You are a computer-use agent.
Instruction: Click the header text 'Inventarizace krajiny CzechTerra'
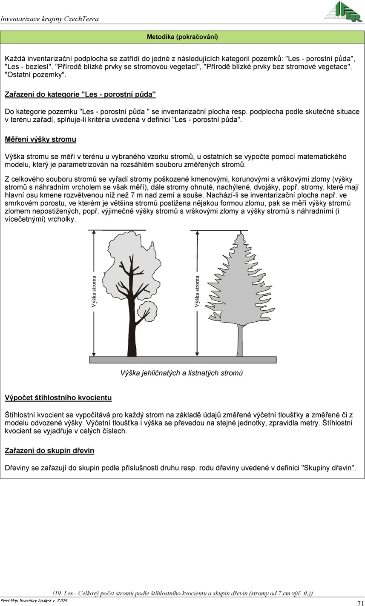pyautogui.click(x=50, y=19)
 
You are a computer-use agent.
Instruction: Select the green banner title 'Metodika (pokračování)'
pyautogui.click(x=182, y=37)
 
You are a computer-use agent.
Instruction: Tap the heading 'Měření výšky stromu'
pyautogui.click(x=40, y=139)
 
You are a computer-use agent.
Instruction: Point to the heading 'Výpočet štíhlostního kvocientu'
pyautogui.click(x=58, y=398)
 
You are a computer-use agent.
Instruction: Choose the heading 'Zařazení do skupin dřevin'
pyautogui.click(x=49, y=450)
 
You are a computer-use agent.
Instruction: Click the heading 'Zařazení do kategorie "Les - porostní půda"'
pyautogui.click(x=80, y=94)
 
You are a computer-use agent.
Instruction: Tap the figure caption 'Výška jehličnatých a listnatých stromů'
pyautogui.click(x=182, y=373)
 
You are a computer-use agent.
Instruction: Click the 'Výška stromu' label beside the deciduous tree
pyautogui.click(x=94, y=292)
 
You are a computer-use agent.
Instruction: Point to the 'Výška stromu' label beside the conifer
pyautogui.click(x=197, y=292)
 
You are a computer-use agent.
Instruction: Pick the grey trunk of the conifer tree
pyautogui.click(x=240, y=340)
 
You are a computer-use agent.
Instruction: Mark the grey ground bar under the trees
pyautogui.click(x=182, y=360)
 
